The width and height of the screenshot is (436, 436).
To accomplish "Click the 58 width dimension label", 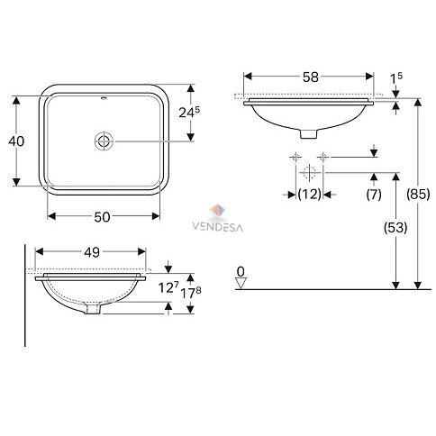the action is coord(310,77).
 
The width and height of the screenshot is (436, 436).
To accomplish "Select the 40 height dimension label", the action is coord(16,141).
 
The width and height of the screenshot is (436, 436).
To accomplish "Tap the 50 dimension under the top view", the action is coord(102,217).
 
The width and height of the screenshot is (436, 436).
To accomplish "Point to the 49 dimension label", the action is coord(92,252).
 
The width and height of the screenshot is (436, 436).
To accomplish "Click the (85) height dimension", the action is coord(418,195).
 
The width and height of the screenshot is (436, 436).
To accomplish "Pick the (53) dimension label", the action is coord(395,228).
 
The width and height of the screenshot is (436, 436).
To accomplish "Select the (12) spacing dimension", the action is coord(310,195).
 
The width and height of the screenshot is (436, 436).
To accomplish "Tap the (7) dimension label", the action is coord(374,195).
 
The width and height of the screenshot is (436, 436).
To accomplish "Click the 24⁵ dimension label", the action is coord(189,112).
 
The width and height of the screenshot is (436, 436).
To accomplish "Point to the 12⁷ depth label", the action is coord(168,287).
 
